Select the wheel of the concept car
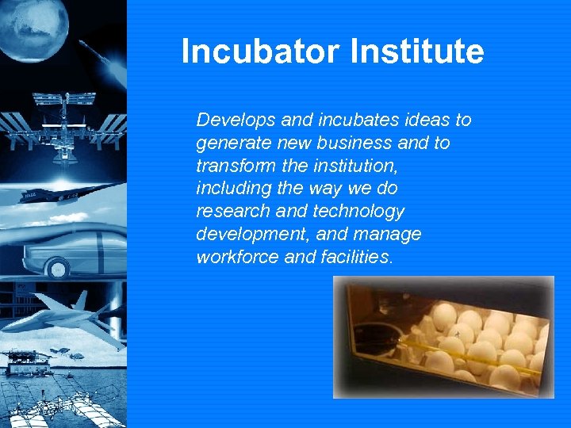(x=57, y=269)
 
